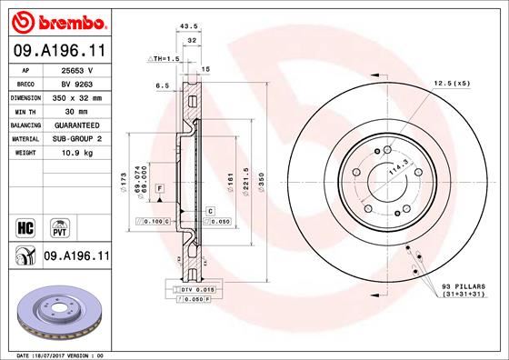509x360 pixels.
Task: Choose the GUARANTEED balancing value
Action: click(x=75, y=125)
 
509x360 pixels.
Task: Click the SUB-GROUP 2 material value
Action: click(x=75, y=140)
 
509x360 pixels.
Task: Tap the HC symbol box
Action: click(x=25, y=223)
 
